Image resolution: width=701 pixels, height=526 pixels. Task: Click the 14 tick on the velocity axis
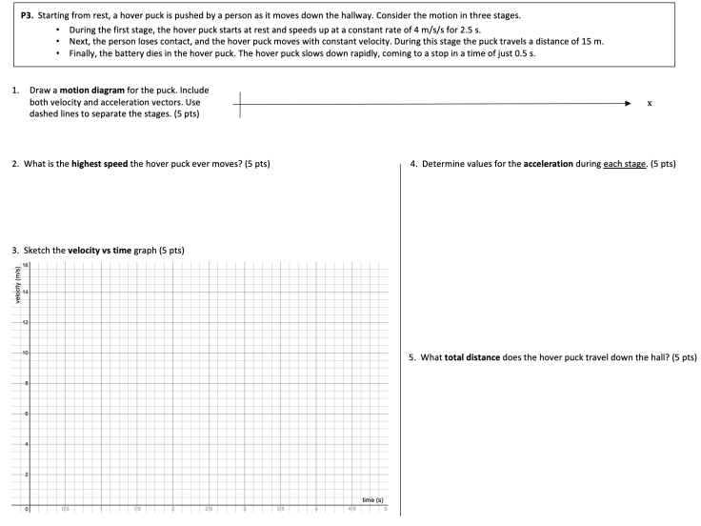click(24, 293)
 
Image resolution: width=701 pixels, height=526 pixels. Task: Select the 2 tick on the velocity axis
click(25, 474)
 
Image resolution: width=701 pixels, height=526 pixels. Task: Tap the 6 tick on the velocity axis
click(25, 414)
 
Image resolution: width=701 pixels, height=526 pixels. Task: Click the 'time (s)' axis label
click(372, 500)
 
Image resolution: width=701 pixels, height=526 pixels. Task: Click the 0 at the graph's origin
click(28, 511)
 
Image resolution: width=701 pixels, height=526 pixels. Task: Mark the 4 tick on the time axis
click(316, 511)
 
